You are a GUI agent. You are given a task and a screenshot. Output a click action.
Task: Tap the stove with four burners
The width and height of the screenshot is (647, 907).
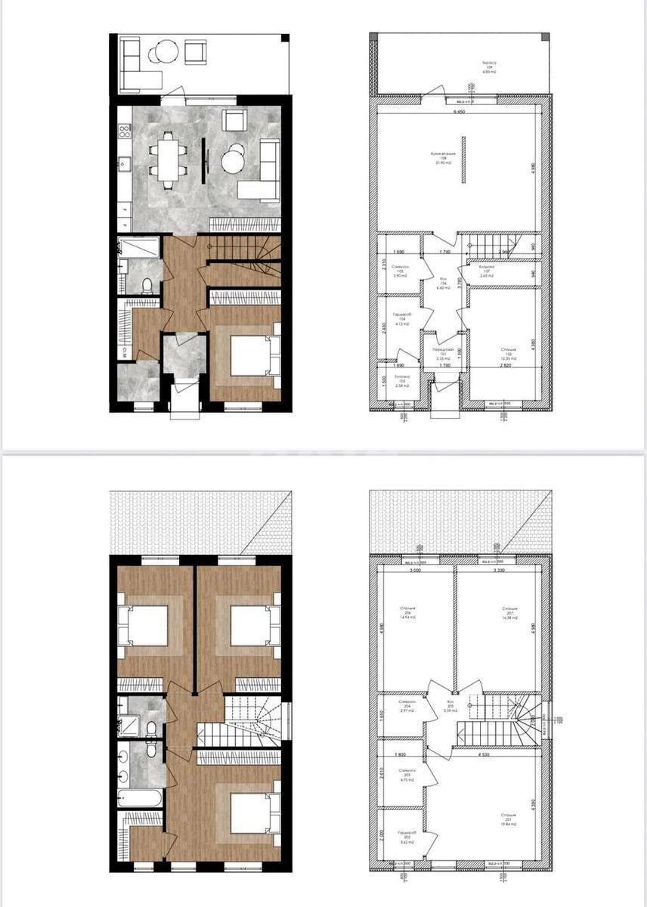coord(124,132)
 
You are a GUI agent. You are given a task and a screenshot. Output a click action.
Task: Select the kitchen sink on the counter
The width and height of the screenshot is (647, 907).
coord(123,162)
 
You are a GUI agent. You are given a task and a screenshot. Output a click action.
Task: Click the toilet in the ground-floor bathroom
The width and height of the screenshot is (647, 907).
coord(148,285)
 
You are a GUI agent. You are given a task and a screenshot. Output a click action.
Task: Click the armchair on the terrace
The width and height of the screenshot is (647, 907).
coord(196,53)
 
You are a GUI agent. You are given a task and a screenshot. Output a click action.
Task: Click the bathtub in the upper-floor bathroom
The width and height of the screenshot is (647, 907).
coord(141,798)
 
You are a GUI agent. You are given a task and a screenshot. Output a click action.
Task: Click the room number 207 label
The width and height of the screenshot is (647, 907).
coord(510,612)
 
